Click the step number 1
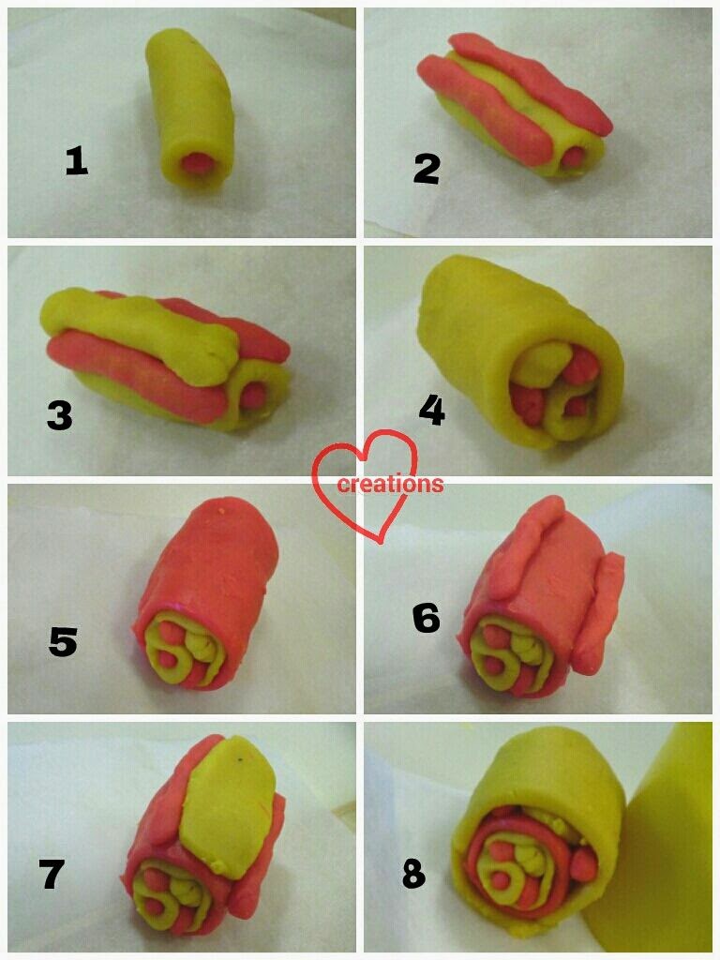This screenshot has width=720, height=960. click(x=77, y=163)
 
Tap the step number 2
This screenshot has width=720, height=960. click(x=427, y=169)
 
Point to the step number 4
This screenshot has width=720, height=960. click(x=432, y=410)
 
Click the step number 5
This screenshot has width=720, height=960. click(x=63, y=643)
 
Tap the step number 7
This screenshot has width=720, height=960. click(x=52, y=874)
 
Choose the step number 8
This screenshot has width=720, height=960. click(x=413, y=875)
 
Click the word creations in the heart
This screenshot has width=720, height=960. click(x=391, y=484)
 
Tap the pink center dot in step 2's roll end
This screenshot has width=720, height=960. click(x=575, y=157)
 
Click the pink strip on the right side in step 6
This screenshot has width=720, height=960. click(x=600, y=612)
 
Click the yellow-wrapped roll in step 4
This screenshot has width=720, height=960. click(x=520, y=355)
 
